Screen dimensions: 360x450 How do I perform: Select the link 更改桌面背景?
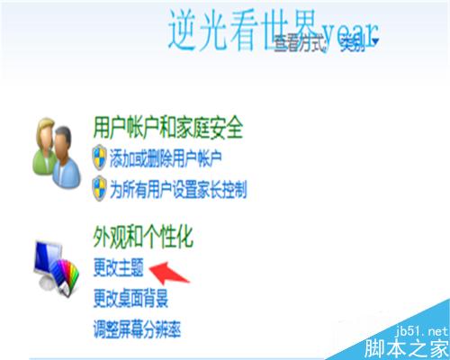coord(130,297)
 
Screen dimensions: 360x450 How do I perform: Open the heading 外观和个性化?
coord(143,238)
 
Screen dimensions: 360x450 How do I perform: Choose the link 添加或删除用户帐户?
coord(166,159)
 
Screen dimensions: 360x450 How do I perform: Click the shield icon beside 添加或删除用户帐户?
coord(100,159)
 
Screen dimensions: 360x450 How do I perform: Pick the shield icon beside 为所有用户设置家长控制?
coord(100,189)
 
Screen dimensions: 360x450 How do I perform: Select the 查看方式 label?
coord(301,42)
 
